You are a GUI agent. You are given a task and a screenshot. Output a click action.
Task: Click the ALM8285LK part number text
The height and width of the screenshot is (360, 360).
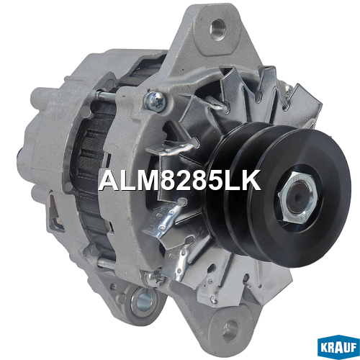(x=179, y=181)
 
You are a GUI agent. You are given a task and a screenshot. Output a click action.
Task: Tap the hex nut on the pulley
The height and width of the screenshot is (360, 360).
(x=298, y=197)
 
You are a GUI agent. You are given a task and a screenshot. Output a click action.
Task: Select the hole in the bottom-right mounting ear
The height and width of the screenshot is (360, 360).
(x=230, y=328)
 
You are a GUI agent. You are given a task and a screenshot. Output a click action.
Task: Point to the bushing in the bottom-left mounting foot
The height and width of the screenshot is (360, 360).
(x=143, y=300)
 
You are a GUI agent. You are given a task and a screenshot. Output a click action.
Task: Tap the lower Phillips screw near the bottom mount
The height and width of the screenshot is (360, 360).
(x=155, y=279)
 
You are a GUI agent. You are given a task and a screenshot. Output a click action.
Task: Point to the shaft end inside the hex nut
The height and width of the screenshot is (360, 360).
(x=298, y=197)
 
